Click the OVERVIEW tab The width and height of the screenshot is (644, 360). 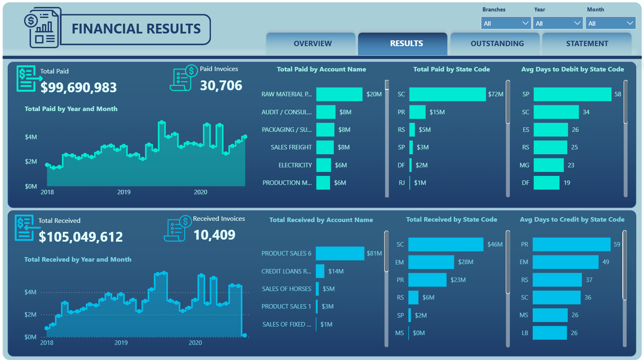312,44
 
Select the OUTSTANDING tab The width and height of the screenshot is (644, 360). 497,44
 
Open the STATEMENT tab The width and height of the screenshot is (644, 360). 586,44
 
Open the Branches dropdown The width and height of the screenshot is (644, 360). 506,23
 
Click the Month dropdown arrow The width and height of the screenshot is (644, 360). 630,23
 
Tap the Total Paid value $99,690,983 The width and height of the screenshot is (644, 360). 79,87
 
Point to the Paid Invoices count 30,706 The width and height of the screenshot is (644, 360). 221,85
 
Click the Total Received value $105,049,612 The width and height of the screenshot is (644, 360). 81,237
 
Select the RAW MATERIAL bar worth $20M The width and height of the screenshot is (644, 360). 339,94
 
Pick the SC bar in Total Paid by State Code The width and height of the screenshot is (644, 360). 447,94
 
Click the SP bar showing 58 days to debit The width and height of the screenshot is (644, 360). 572,94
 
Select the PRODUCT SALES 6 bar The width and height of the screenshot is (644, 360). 340,253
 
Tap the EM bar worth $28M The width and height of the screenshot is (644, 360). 431,262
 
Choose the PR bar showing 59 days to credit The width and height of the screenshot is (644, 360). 571,244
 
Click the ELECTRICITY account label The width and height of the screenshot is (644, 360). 295,165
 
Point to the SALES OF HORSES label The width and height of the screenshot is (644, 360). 286,289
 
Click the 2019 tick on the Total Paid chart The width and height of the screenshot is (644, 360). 124,192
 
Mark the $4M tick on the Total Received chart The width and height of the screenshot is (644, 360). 30,292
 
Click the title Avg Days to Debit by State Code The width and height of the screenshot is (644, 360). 572,69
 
